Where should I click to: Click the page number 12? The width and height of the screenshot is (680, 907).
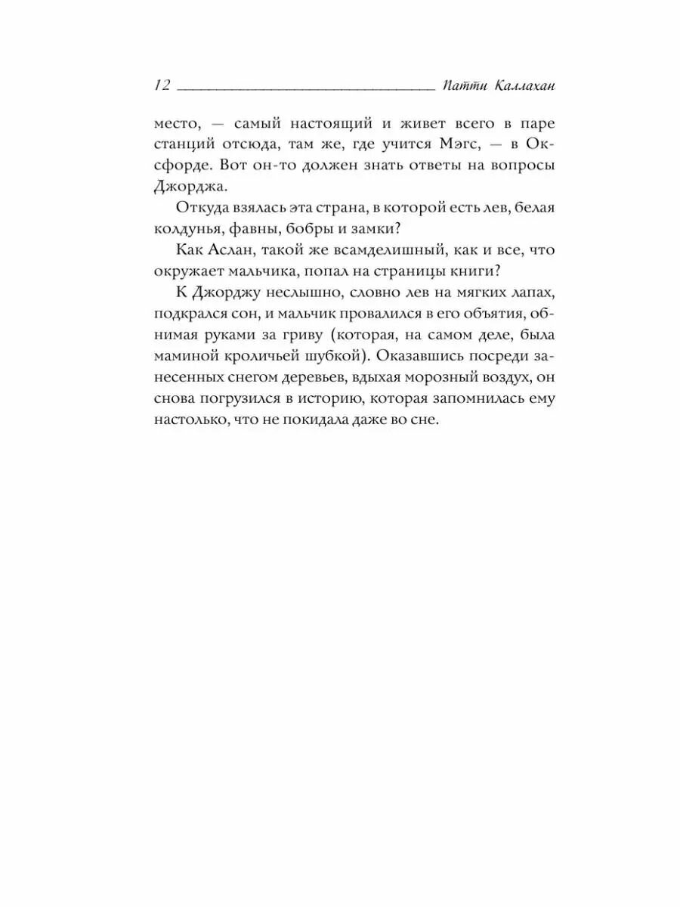point(162,85)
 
